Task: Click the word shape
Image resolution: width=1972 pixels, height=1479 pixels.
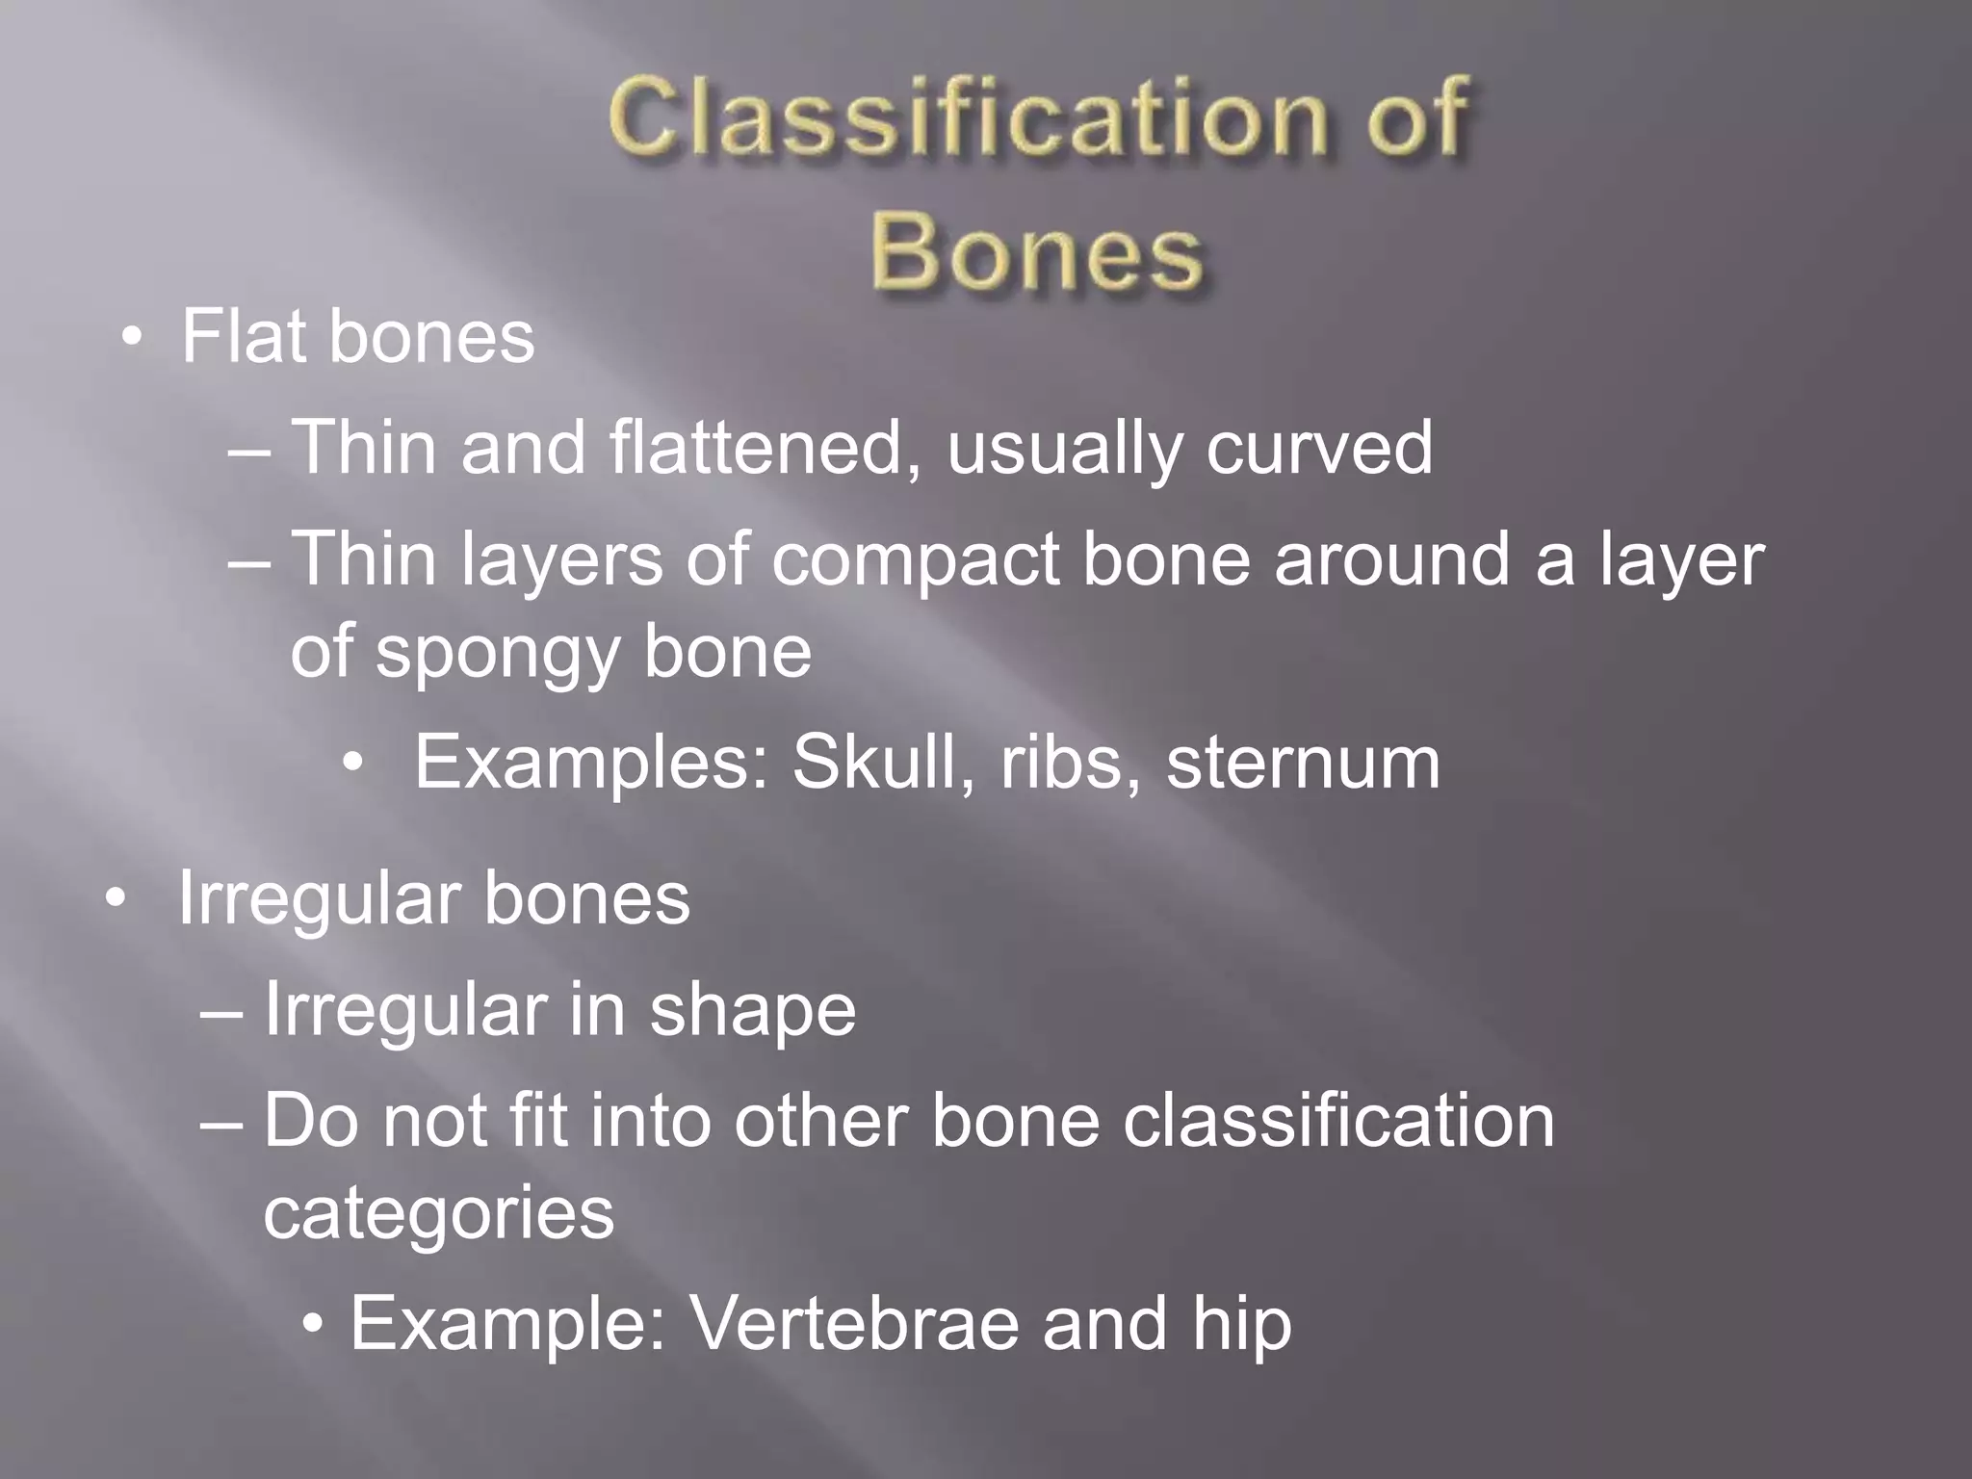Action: pos(752,1012)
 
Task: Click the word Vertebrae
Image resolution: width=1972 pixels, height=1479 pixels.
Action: pos(853,1324)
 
